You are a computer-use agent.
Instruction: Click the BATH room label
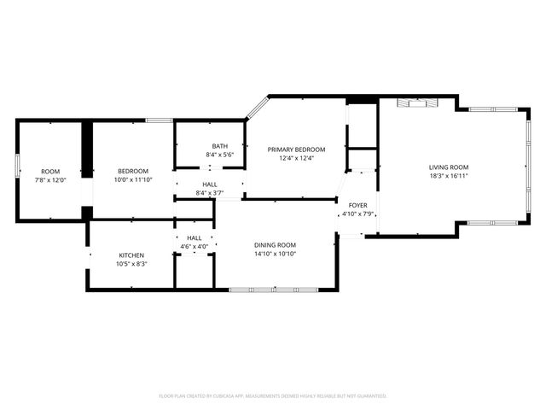point(219,146)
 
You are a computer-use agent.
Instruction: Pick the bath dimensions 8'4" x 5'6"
point(219,155)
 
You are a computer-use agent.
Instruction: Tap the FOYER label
point(357,205)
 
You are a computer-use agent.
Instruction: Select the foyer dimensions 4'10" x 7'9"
point(357,214)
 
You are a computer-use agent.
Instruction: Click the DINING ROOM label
point(275,245)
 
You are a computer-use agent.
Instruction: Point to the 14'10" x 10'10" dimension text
point(275,255)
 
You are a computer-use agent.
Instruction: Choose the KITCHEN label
point(131,255)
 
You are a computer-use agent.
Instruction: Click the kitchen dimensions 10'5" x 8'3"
point(131,264)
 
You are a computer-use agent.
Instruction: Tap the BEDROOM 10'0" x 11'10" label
point(133,170)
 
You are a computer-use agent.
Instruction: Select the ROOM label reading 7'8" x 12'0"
point(50,170)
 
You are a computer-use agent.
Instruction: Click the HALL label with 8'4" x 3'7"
point(209,184)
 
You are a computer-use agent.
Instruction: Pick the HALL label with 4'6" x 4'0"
point(194,238)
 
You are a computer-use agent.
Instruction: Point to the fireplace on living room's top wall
point(419,102)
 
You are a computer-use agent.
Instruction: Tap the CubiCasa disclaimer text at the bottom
point(273,395)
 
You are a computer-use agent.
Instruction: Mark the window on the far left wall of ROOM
point(18,166)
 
